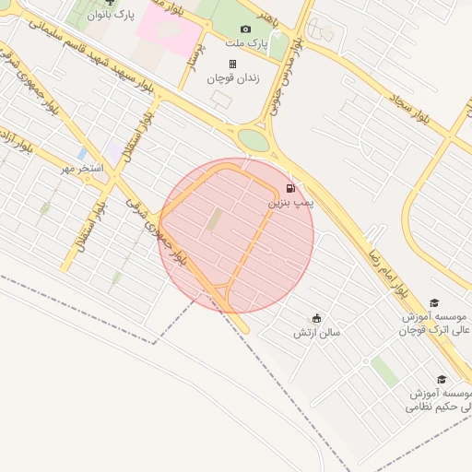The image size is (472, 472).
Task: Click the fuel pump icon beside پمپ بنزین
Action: click(292, 188)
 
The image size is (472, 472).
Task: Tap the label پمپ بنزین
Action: click(292, 201)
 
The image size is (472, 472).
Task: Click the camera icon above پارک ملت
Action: click(245, 29)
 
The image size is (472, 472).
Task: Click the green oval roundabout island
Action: click(253, 140)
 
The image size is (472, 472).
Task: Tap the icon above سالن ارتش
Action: click(317, 318)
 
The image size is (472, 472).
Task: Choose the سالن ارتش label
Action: click(317, 332)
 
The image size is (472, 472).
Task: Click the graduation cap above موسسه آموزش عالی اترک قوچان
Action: click(435, 302)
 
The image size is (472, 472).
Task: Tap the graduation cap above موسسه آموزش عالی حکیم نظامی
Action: click(442, 379)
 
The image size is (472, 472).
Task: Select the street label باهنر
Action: click(266, 18)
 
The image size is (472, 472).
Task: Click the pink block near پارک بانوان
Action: click(170, 33)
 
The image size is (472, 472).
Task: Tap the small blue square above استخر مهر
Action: click(84, 153)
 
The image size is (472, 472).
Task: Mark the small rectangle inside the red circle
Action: click(215, 221)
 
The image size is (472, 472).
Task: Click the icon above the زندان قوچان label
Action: click(232, 65)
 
